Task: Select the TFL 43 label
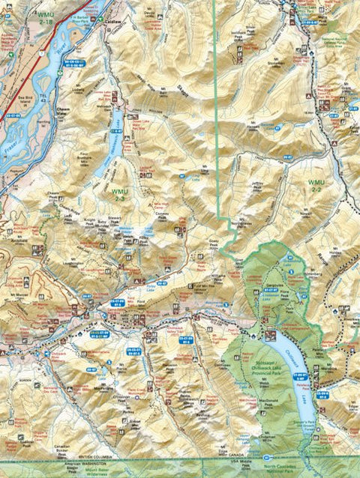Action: point(44,100)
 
